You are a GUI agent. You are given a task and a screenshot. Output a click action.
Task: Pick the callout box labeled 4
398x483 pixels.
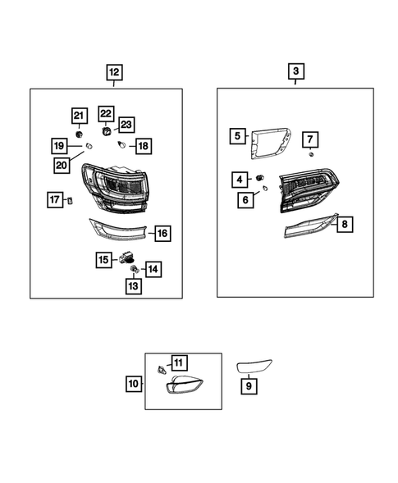point(240,179)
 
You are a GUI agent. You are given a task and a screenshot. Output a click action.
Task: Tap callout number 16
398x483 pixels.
point(162,234)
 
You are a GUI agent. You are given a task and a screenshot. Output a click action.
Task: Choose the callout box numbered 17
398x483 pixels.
point(55,199)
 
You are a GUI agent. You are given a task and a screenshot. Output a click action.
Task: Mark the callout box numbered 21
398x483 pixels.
point(79,115)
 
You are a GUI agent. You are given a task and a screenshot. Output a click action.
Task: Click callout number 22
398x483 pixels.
point(106,113)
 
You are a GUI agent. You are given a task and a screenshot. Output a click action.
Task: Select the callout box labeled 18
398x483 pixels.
point(143,146)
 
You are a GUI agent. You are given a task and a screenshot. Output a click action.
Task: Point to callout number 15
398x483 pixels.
point(104,260)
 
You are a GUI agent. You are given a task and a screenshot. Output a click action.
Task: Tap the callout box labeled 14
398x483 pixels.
point(153,268)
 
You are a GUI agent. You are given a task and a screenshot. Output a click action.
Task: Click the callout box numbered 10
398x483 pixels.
point(133,382)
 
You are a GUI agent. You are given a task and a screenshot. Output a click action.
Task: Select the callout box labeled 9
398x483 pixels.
point(247,382)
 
